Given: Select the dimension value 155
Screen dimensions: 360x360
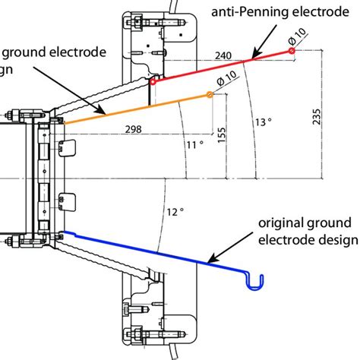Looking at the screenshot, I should (x=221, y=134).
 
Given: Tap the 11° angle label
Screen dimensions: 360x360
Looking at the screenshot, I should (x=195, y=144).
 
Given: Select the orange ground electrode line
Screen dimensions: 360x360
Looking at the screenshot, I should (x=137, y=108).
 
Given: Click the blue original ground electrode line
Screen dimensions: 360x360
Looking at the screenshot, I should (x=152, y=248).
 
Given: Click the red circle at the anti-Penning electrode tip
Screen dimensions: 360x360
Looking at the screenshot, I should (x=291, y=51).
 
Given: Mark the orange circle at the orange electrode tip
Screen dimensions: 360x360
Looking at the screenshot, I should (x=210, y=95).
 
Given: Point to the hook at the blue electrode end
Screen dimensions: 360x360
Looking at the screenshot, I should (x=257, y=282).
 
